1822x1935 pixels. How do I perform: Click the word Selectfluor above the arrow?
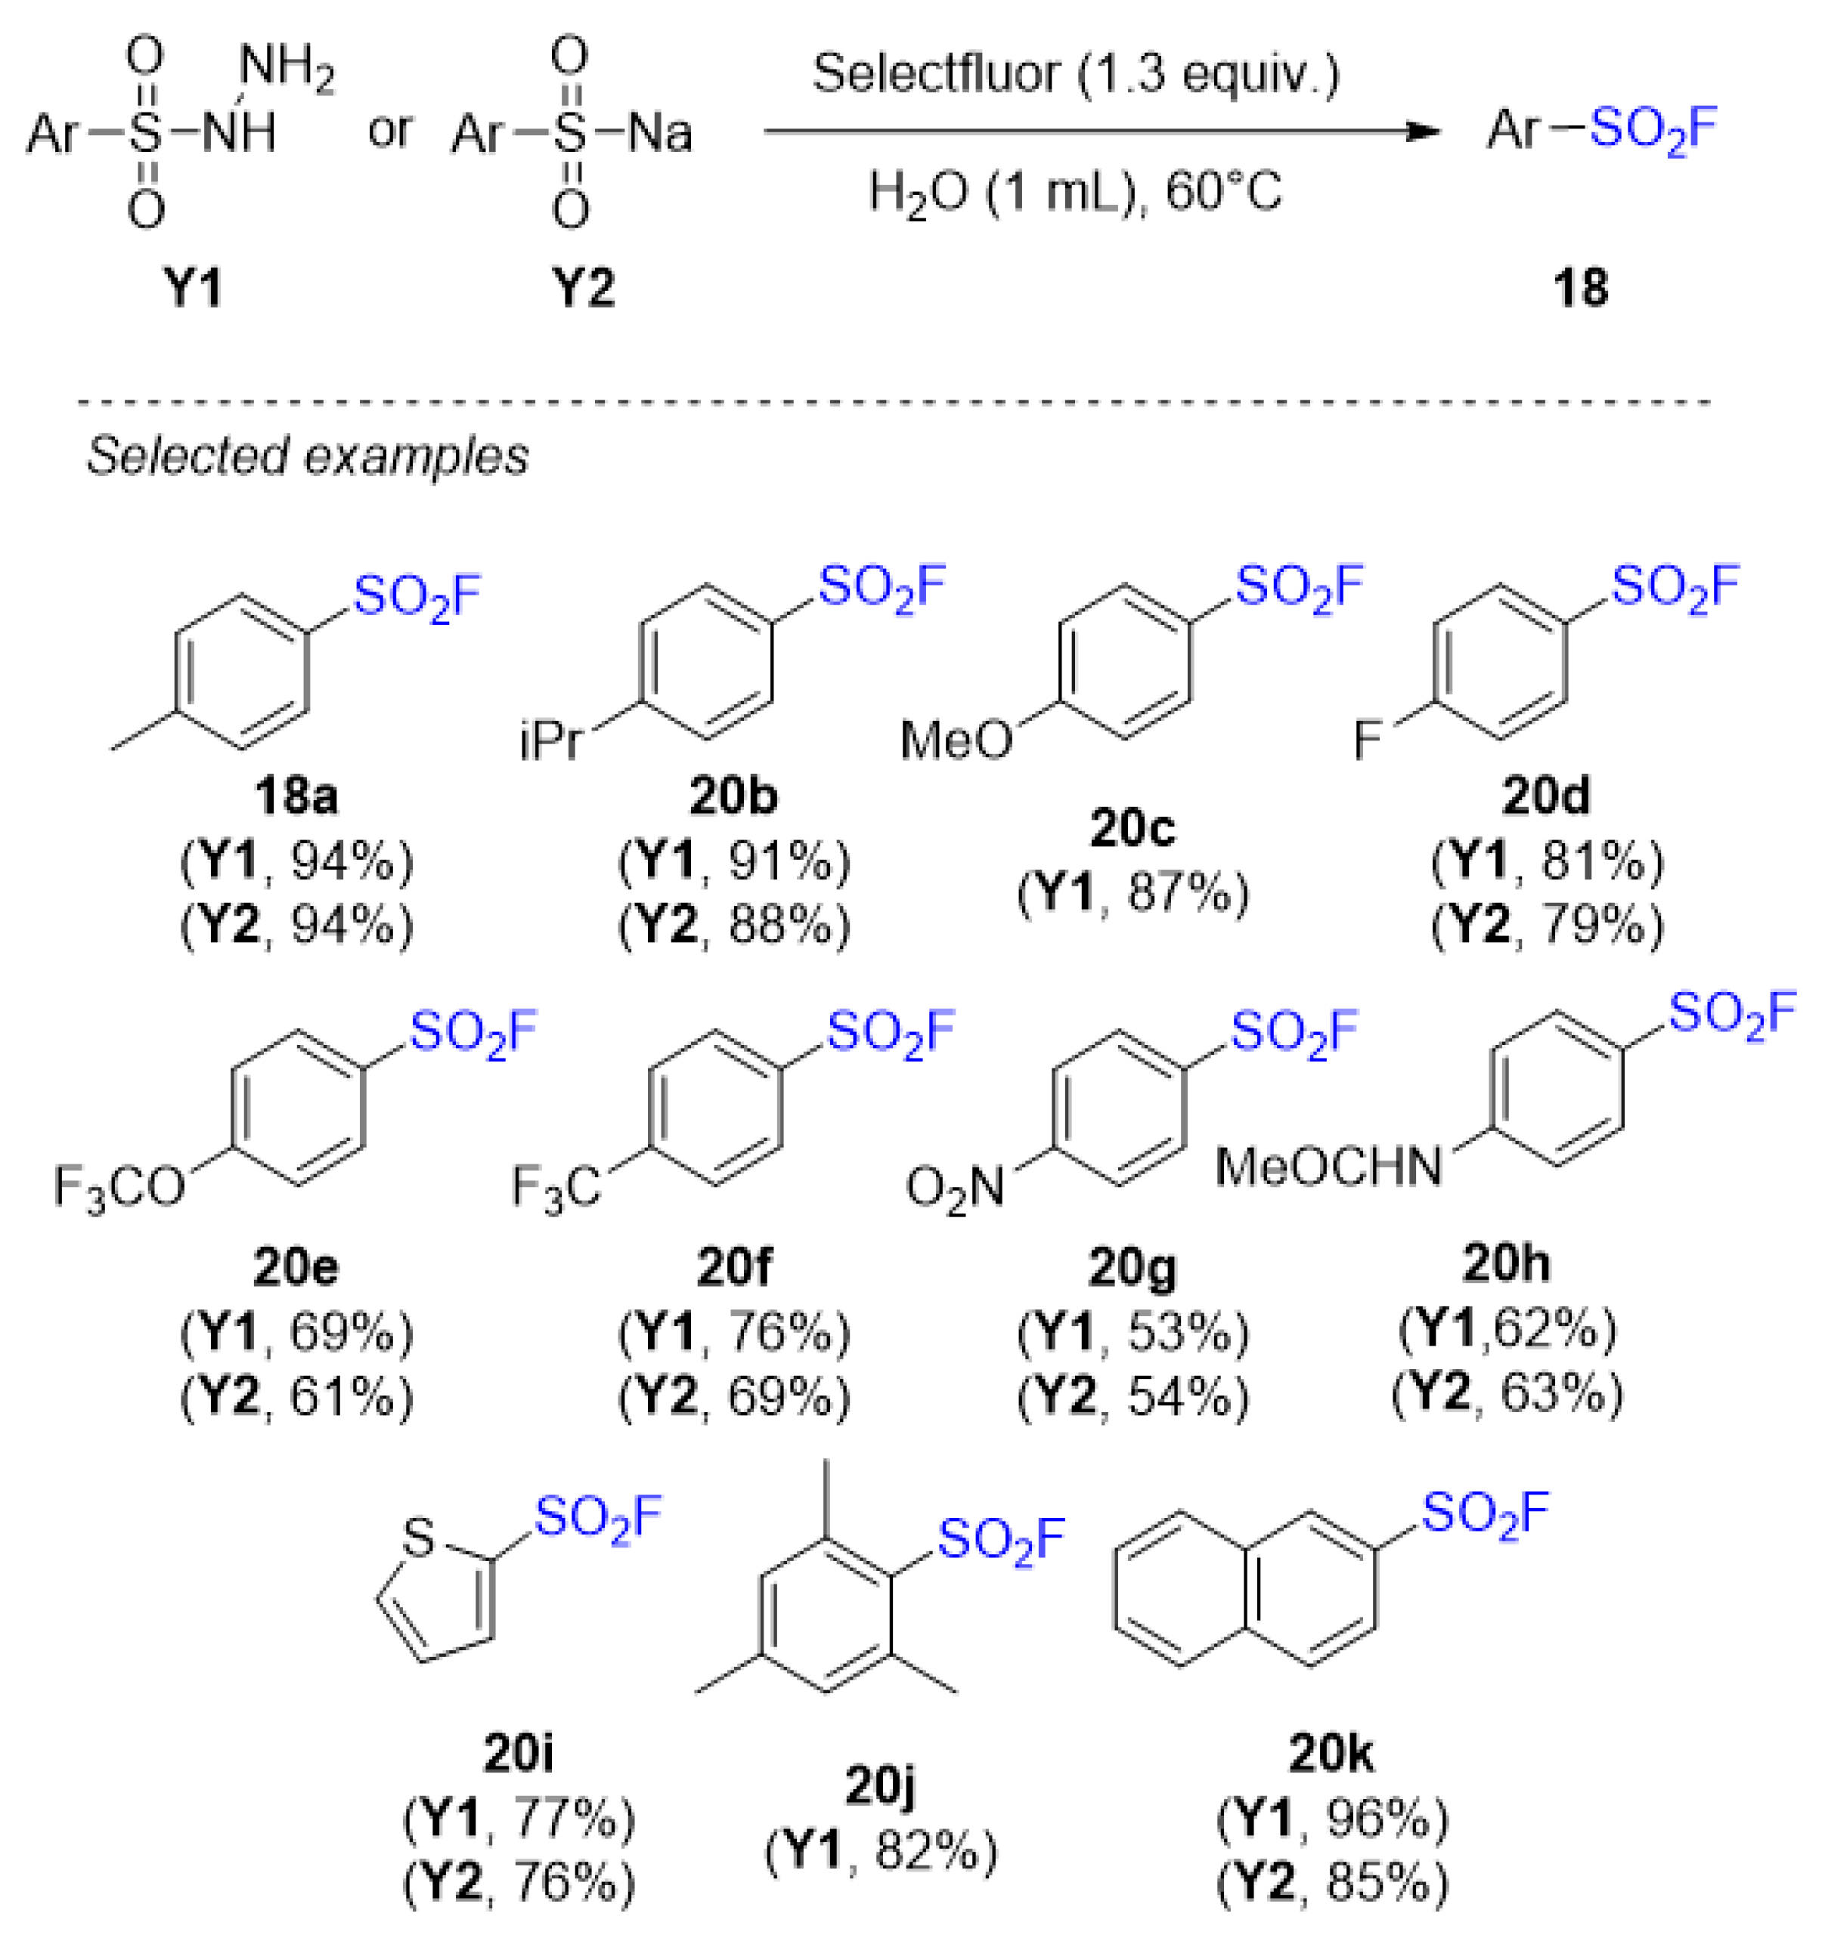[935, 74]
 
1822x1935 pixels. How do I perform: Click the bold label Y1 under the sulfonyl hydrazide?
[193, 289]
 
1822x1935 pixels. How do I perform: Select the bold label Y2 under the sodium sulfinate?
[584, 289]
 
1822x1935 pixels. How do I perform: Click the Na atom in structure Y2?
[660, 132]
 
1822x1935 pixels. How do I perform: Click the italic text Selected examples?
[308, 456]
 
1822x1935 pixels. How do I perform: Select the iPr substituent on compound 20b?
[551, 742]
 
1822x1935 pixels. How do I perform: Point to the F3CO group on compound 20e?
[119, 1189]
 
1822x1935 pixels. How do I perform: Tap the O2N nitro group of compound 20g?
[954, 1189]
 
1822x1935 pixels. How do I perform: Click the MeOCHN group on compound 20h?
[1328, 1166]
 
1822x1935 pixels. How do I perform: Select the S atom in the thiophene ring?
[418, 1539]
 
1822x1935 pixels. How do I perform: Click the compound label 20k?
[1331, 1754]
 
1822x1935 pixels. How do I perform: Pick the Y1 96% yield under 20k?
[1333, 1818]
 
